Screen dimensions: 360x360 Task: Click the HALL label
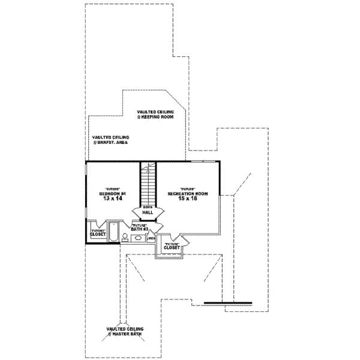point(148,212)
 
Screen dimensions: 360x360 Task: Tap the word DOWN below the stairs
point(148,206)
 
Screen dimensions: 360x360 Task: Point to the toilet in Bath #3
point(124,238)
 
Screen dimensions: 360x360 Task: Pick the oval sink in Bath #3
point(138,238)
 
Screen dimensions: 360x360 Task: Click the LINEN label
point(151,238)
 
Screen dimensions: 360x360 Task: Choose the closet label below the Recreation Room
point(172,246)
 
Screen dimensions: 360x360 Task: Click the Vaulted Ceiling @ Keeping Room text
point(155,115)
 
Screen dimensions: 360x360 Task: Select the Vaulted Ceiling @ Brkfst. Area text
point(110,140)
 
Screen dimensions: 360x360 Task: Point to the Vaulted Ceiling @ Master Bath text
point(125,332)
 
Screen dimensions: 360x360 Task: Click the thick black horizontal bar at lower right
point(228,302)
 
